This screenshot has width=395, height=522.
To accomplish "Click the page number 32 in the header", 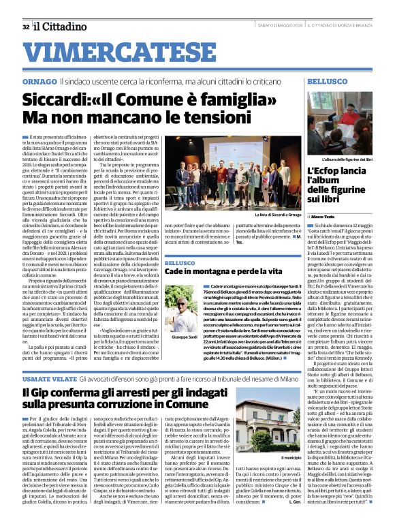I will click(x=25, y=27).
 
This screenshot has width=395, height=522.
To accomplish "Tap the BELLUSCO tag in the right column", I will click(x=327, y=82).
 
